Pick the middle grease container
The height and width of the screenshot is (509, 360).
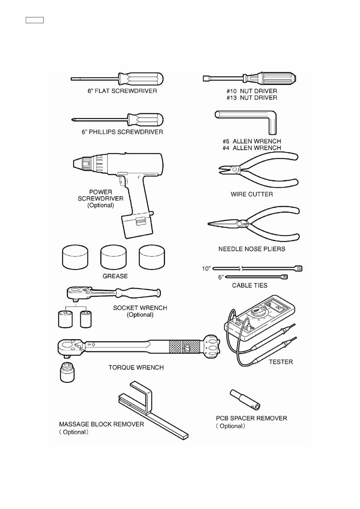[x=114, y=258]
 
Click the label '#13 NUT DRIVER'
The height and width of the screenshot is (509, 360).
[x=251, y=98]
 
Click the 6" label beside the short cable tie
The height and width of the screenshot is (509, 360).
[x=221, y=277]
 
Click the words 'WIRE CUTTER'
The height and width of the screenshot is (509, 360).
[x=251, y=194]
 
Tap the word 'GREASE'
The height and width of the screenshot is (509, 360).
[x=115, y=276]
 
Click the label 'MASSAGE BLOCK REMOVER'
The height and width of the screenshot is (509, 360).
[x=99, y=424]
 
